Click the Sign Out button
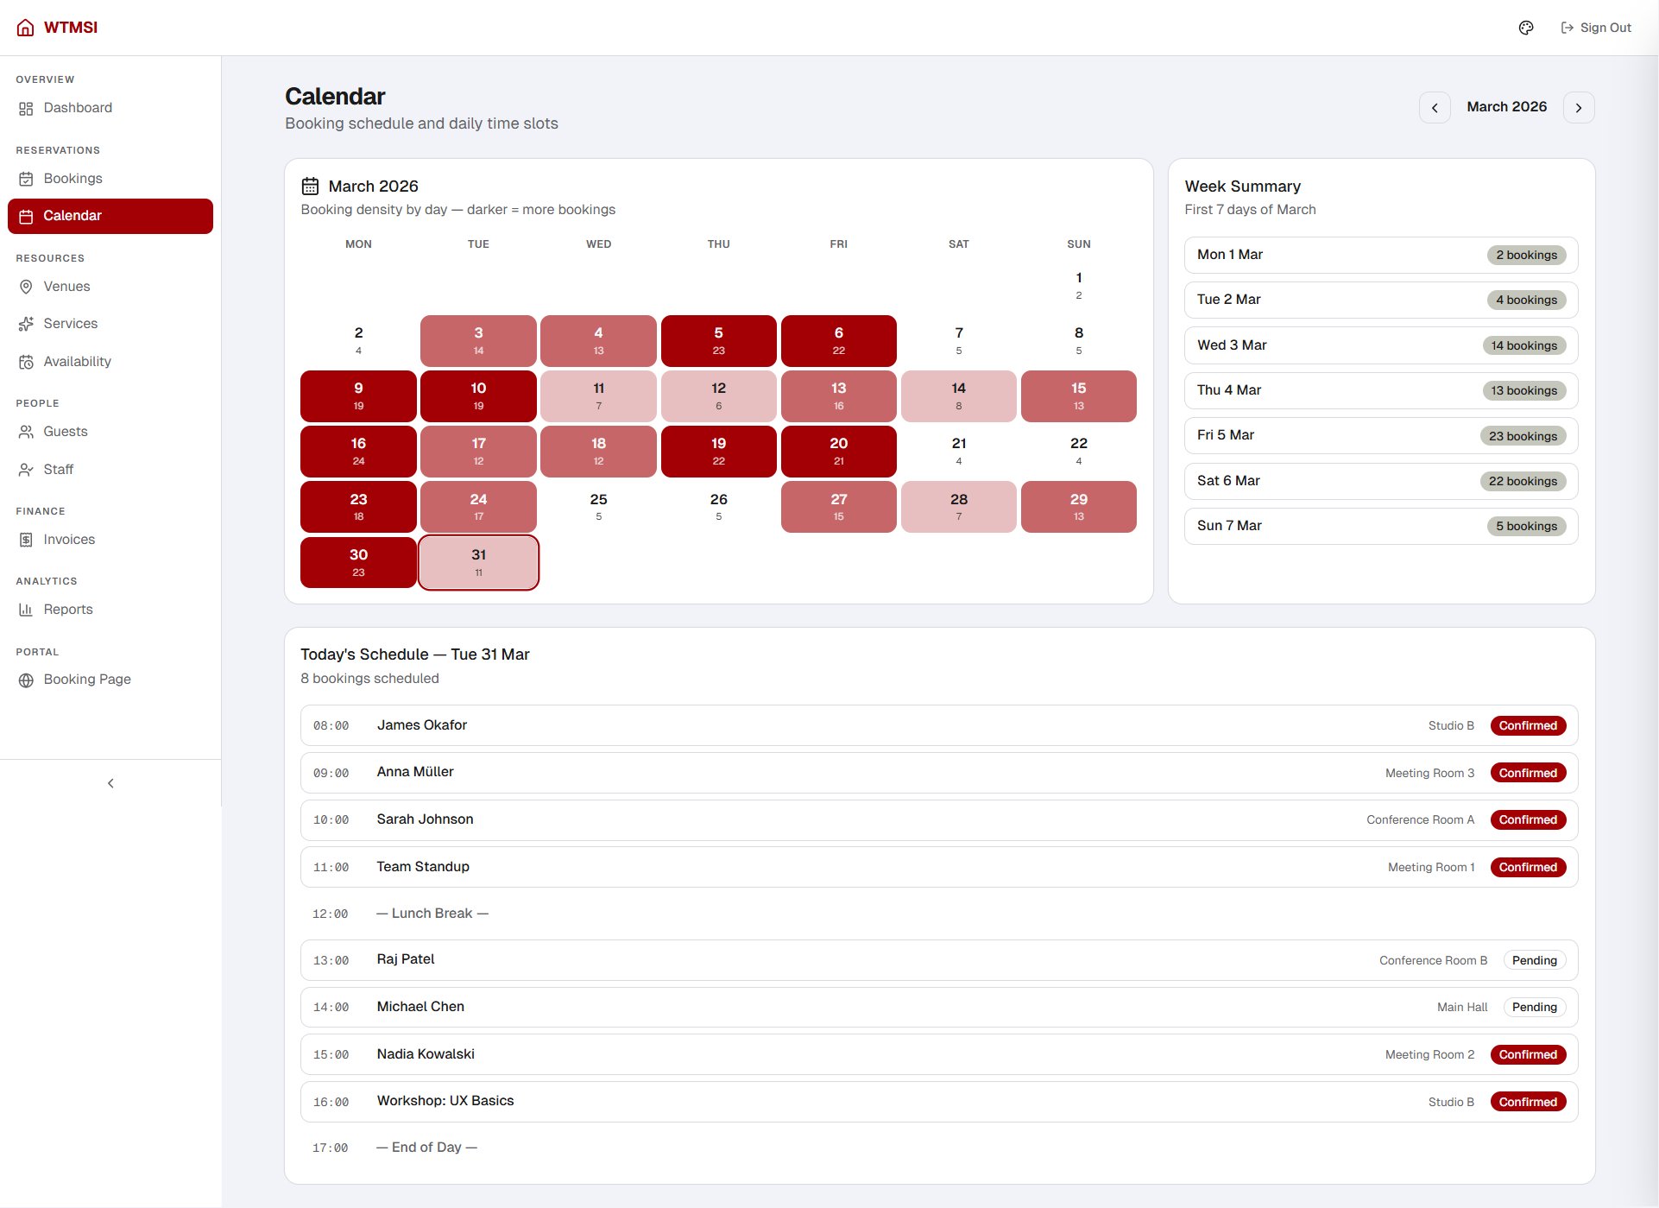pyautogui.click(x=1596, y=28)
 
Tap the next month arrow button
pyautogui.click(x=1579, y=108)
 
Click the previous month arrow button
pyautogui.click(x=1435, y=108)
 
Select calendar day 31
pyautogui.click(x=479, y=562)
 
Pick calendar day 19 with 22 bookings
pyautogui.click(x=718, y=451)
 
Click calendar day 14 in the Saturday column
pyautogui.click(x=958, y=395)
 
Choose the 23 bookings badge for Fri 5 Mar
pyautogui.click(x=1523, y=436)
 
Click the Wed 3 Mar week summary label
pyautogui.click(x=1232, y=345)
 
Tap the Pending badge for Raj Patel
pyautogui.click(x=1534, y=960)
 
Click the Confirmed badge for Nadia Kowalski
pyautogui.click(x=1528, y=1054)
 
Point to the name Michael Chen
pyautogui.click(x=420, y=1007)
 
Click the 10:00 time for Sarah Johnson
pyautogui.click(x=331, y=820)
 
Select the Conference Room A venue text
pyautogui.click(x=1420, y=820)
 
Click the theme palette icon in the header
pyautogui.click(x=1526, y=28)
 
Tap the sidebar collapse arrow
pyautogui.click(x=110, y=783)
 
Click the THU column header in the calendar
pyautogui.click(x=718, y=244)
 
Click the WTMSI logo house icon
pyautogui.click(x=26, y=28)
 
